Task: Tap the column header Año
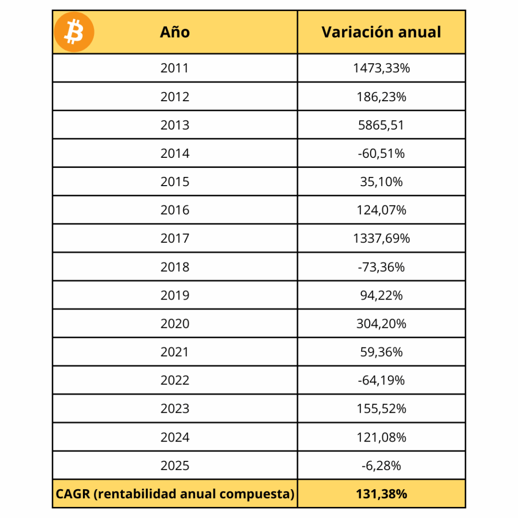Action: point(175,32)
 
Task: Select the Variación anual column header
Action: point(381,32)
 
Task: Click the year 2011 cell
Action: point(175,68)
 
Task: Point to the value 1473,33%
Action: point(381,68)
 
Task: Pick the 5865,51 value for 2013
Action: point(381,125)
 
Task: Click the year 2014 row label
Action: point(175,153)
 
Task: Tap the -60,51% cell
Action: point(381,153)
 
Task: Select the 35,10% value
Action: point(381,182)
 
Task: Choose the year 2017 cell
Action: point(175,238)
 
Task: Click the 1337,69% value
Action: point(381,238)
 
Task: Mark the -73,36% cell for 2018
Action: point(381,267)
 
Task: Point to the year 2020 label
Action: point(175,323)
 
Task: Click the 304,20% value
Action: point(381,323)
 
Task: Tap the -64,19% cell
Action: point(381,380)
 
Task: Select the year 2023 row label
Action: point(175,408)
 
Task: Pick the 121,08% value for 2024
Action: point(381,437)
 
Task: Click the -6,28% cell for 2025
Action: point(381,465)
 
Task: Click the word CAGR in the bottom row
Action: point(73,494)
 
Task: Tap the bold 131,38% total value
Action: point(381,494)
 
